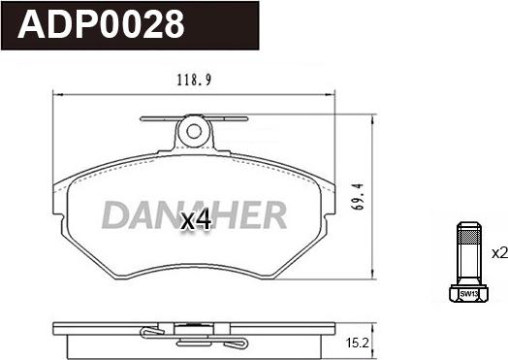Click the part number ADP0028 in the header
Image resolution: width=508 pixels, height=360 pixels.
pos(102,24)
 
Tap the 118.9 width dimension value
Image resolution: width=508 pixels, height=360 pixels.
pos(194,81)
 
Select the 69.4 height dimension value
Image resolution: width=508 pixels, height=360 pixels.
pos(359,197)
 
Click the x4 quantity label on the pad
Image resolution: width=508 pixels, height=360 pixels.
pos(196,220)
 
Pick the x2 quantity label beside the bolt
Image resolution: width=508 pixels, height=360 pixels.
pos(499,253)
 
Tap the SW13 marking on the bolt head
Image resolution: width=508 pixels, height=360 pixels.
pos(468,294)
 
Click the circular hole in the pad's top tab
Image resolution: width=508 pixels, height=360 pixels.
pos(194,131)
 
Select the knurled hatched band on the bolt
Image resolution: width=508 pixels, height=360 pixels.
pos(468,238)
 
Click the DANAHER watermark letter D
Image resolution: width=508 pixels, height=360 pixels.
pos(115,215)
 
